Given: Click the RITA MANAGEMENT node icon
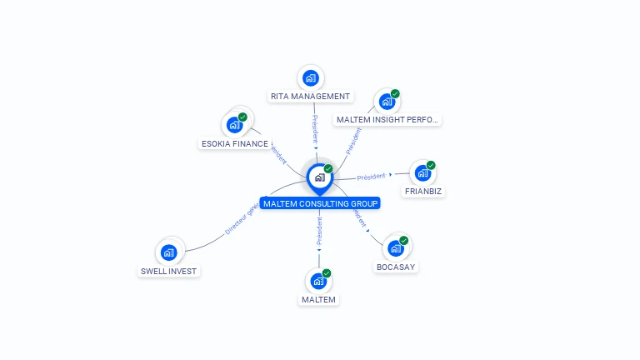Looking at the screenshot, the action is [311, 78].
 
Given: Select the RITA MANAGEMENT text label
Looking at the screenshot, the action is [310, 97].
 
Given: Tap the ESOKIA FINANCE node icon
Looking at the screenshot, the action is [235, 126].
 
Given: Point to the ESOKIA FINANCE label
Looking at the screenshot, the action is [235, 144].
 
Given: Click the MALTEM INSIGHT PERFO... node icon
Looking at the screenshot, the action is [387, 102].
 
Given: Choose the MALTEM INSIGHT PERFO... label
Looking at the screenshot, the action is [387, 120].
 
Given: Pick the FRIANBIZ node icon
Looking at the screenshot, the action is [422, 174].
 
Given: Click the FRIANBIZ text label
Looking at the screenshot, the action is [422, 192].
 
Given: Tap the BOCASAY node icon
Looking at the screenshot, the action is [396, 248].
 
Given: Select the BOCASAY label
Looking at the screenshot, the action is [396, 267].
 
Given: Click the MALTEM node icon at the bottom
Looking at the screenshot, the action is [318, 282].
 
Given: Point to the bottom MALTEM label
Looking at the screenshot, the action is [318, 300].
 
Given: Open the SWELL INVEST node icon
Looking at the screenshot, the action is [169, 252].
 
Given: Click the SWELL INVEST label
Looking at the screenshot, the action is [170, 271].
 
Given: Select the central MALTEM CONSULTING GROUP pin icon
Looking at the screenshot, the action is [319, 177].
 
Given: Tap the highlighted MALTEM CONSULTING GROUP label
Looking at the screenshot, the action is [320, 203].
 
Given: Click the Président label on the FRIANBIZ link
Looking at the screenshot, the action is [372, 177].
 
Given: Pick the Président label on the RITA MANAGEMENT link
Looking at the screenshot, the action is [315, 129].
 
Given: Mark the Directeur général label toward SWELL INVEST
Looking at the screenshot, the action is [241, 218].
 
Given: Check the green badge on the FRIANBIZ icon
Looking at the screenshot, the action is [431, 165].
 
